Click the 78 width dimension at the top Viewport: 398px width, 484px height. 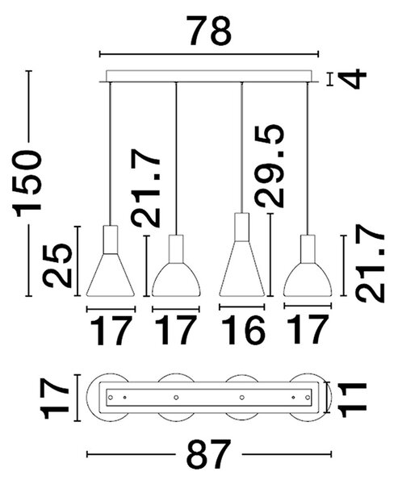(210, 31)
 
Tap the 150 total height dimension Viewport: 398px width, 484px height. (27, 183)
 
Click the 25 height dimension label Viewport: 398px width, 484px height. (57, 265)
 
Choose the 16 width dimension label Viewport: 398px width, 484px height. (243, 330)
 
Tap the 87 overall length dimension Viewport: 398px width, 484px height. (209, 454)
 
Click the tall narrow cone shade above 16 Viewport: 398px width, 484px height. (242, 269)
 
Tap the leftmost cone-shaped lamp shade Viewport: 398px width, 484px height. (111, 275)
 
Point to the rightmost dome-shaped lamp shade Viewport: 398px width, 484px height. (308, 280)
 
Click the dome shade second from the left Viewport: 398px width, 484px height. (176, 280)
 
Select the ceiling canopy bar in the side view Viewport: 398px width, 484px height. (209, 77)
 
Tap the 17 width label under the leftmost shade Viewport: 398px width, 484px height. (111, 330)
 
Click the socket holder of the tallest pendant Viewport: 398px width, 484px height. (242, 227)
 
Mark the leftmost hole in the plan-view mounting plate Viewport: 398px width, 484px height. (111, 397)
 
